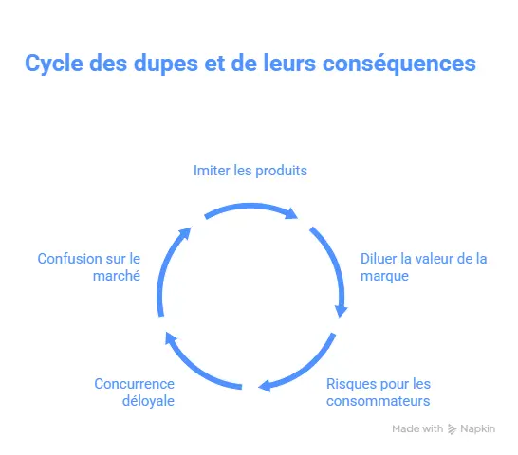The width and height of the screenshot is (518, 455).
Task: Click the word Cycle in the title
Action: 54,64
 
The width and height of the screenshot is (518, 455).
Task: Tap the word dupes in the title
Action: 166,64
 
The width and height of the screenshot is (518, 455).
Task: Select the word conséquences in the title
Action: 399,64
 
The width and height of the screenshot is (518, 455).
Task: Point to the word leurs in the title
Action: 289,63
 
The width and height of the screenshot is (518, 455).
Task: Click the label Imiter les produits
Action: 250,171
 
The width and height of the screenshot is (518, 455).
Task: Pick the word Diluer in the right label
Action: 379,259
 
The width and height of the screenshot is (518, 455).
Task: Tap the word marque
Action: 384,276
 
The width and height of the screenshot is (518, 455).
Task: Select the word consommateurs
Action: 379,401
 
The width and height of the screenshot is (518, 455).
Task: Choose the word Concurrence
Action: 134,384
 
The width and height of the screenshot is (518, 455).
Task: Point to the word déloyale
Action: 148,401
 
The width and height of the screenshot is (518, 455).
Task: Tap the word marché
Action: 117,276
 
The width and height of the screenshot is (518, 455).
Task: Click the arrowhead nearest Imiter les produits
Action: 291,213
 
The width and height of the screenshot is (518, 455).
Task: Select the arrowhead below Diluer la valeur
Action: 341,311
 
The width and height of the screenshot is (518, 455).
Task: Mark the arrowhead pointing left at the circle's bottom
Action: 265,386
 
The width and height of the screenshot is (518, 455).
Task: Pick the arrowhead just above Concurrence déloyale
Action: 171,338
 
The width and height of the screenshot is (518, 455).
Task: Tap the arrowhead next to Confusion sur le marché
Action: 185,233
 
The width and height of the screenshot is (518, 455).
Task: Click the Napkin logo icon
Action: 452,428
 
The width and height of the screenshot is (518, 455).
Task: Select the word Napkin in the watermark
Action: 478,428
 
